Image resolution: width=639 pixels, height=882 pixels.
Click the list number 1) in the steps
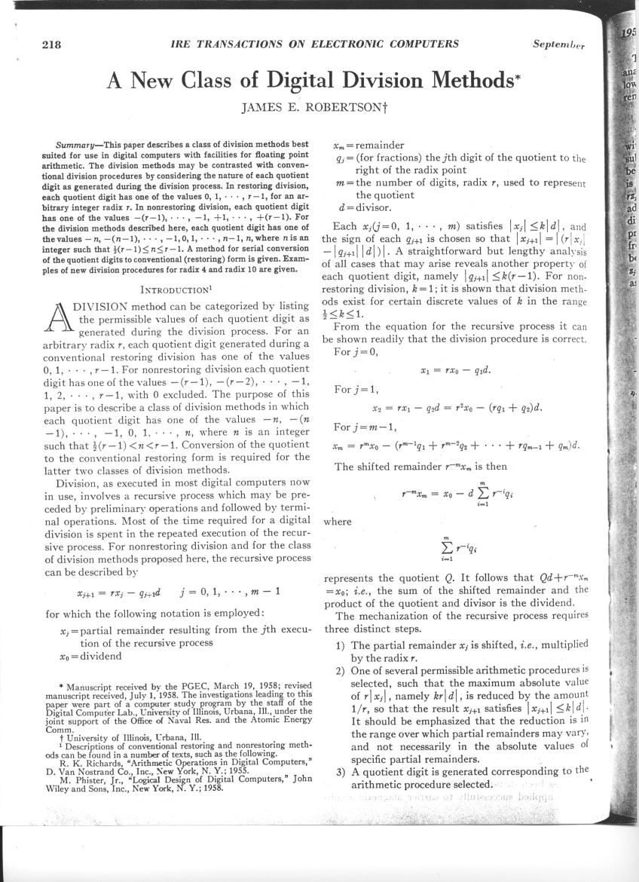pos(341,645)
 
